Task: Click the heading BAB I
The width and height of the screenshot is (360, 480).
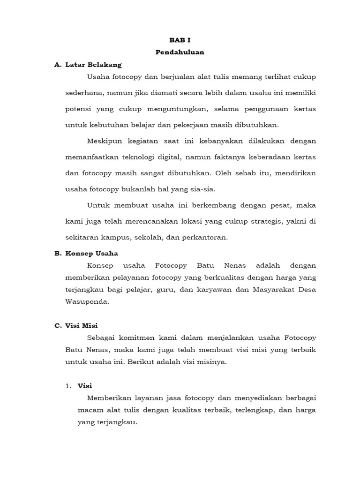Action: pos(180,41)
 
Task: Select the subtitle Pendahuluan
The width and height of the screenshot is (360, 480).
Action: pos(180,52)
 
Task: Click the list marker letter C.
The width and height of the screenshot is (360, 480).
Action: pos(57,325)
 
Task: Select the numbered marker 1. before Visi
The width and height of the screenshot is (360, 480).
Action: pos(68,386)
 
